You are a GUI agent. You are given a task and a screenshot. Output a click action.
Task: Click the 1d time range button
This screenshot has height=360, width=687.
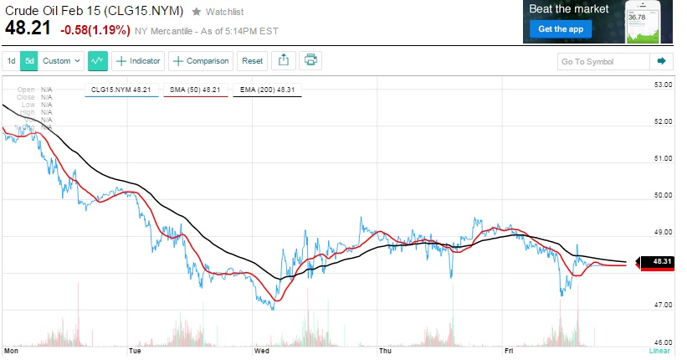click(x=12, y=60)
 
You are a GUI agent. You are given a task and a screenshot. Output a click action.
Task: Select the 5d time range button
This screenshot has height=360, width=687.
click(x=29, y=60)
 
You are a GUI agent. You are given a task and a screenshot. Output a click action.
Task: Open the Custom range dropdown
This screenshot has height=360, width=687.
click(x=62, y=60)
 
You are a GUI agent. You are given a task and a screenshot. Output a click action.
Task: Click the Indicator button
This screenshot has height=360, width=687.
click(x=137, y=60)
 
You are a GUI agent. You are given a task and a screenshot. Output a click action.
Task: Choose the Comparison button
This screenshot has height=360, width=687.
click(x=201, y=60)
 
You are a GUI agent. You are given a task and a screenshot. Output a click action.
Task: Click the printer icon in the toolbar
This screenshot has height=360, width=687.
click(x=310, y=60)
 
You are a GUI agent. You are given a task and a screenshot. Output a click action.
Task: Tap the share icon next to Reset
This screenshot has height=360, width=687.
click(x=283, y=60)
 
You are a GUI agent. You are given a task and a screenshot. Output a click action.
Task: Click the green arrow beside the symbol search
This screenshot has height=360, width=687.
click(x=661, y=61)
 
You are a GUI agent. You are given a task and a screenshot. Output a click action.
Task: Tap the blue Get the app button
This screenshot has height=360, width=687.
click(x=558, y=29)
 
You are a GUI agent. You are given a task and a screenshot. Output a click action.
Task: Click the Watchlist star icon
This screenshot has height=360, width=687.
click(x=196, y=12)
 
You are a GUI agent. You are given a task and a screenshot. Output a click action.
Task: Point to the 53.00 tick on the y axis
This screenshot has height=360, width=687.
click(x=663, y=85)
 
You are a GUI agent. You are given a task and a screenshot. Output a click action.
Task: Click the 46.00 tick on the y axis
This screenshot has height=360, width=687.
click(x=663, y=342)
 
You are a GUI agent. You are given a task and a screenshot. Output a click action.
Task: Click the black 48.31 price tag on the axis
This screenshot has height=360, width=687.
click(x=661, y=262)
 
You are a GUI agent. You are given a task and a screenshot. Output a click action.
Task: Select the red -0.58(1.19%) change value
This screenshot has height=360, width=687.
click(x=94, y=30)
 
